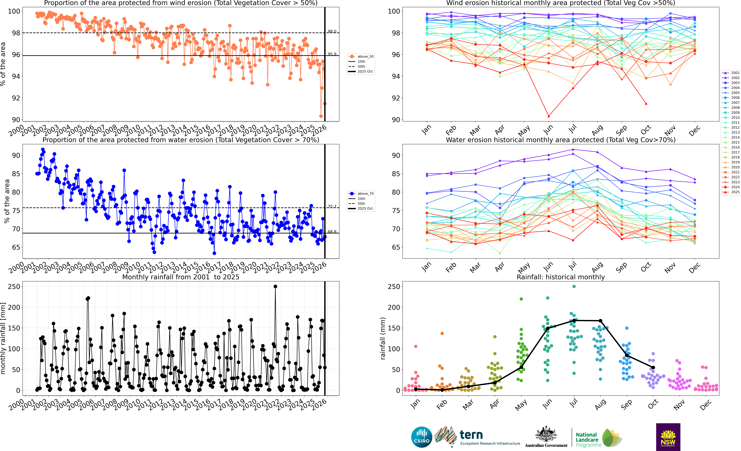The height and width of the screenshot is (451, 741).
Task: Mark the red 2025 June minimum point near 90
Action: click(548, 116)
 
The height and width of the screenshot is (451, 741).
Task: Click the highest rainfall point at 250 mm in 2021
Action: click(275, 287)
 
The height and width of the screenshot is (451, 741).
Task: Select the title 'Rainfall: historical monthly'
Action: click(561, 277)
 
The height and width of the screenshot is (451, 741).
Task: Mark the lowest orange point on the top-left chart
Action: click(321, 116)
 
